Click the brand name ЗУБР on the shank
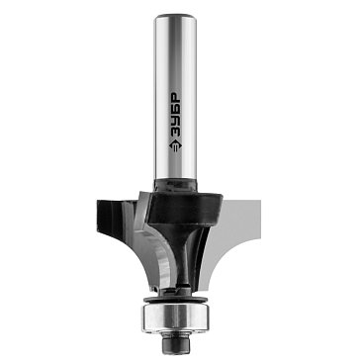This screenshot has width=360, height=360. pyautogui.click(x=175, y=115)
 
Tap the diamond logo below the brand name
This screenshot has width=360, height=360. pyautogui.click(x=175, y=145)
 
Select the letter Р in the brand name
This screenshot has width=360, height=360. pyautogui.click(x=175, y=97)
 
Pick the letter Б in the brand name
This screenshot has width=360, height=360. pyautogui.click(x=175, y=109)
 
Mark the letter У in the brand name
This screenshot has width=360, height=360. pyautogui.click(x=175, y=121)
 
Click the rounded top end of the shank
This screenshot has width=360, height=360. pyautogui.click(x=175, y=17)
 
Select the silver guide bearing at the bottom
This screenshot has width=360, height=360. pyautogui.click(x=175, y=317)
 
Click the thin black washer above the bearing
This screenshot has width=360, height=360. pyautogui.click(x=175, y=300)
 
